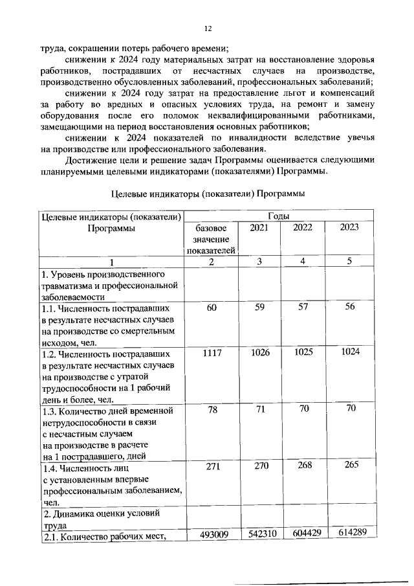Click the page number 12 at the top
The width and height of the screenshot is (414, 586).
point(208,29)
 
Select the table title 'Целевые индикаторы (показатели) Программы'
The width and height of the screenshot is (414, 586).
point(208,193)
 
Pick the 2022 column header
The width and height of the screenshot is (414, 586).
point(303,227)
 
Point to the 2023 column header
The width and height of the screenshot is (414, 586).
point(349,227)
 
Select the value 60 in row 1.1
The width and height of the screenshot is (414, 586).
point(212,308)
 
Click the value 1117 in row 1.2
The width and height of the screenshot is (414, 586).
point(212,355)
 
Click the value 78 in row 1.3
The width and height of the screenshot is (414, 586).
point(212,411)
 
